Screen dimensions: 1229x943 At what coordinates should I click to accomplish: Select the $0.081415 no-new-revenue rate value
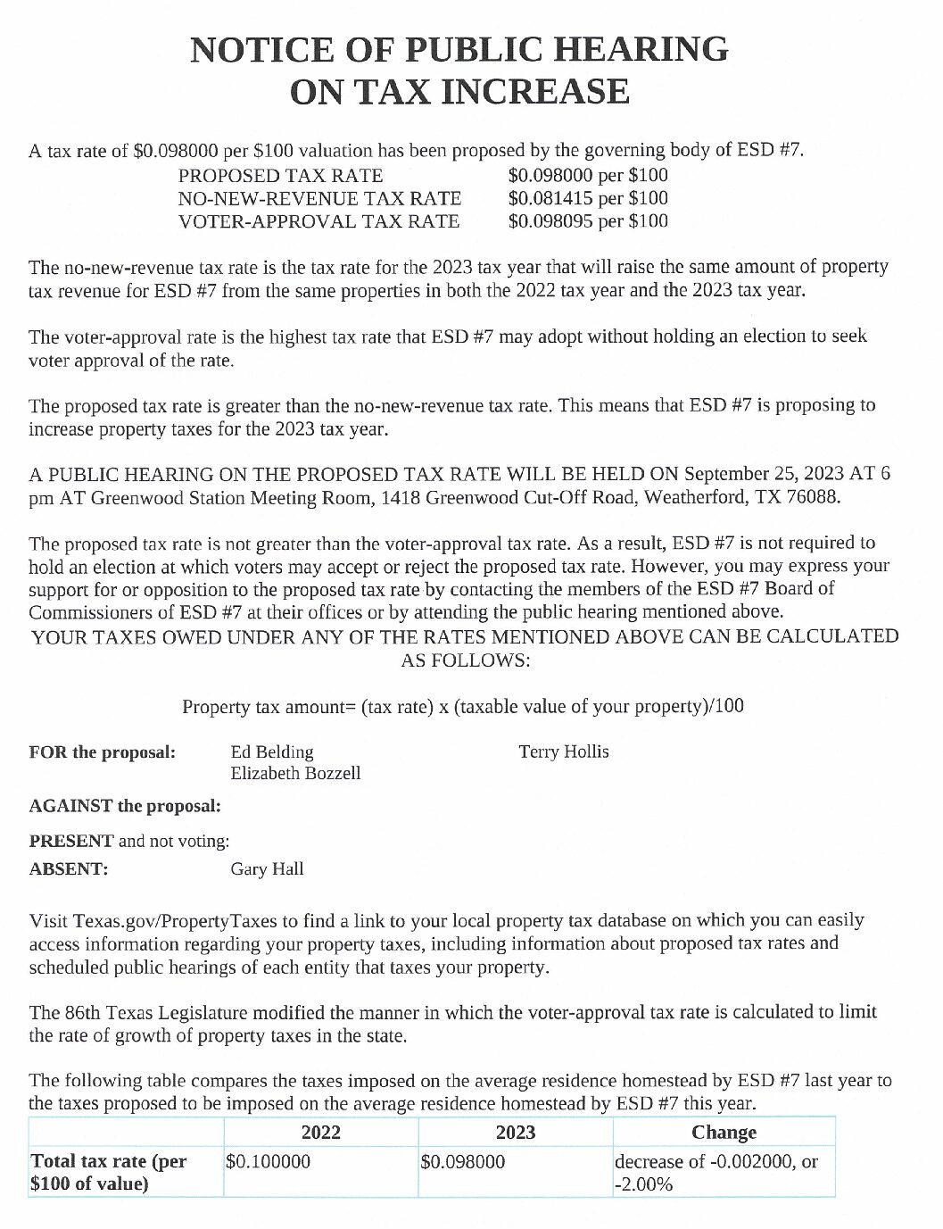[x=550, y=198]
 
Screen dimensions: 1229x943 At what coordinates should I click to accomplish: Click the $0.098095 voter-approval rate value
[x=550, y=220]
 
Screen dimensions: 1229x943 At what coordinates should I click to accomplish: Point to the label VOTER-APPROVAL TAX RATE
[x=319, y=221]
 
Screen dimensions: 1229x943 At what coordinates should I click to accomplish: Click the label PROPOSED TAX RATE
[x=281, y=176]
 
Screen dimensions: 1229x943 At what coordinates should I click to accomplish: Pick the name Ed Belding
[x=272, y=752]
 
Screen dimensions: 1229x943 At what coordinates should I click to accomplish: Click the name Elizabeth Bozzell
[x=295, y=773]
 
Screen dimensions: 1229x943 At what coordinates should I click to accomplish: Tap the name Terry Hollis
[x=564, y=752]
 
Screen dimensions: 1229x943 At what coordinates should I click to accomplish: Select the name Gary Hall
[x=267, y=868]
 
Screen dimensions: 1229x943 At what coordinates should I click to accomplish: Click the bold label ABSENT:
[x=69, y=868]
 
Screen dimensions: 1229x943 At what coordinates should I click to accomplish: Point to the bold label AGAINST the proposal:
[x=125, y=806]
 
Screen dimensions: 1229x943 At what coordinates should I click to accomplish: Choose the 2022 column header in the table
[x=320, y=1133]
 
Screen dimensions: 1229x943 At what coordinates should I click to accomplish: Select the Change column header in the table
[x=724, y=1133]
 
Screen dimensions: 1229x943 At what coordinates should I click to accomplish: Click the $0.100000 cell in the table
[x=268, y=1162]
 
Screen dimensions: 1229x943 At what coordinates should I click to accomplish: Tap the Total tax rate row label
[x=109, y=1173]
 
